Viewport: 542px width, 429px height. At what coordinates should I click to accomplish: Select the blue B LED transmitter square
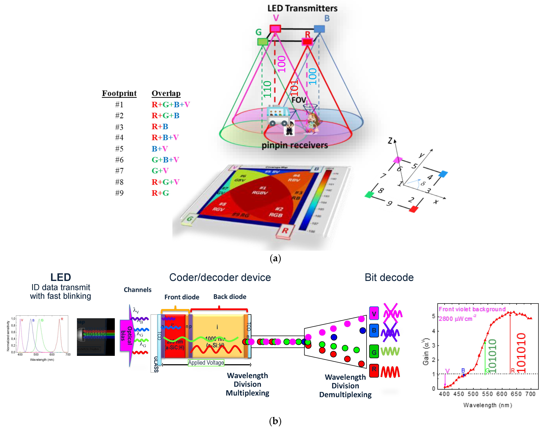click(x=319, y=29)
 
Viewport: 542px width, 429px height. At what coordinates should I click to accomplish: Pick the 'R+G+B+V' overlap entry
click(x=171, y=104)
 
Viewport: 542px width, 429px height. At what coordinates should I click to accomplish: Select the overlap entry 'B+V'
click(x=160, y=149)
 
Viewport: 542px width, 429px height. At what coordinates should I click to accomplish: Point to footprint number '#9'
click(x=119, y=193)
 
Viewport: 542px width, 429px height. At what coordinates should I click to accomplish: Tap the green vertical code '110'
click(x=267, y=89)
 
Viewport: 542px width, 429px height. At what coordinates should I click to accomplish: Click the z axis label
click(x=390, y=141)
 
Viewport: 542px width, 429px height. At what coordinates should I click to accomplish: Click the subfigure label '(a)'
click(x=275, y=258)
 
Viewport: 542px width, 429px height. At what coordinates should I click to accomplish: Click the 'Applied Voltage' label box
click(x=206, y=362)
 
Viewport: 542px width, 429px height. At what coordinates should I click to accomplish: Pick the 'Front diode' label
click(x=182, y=297)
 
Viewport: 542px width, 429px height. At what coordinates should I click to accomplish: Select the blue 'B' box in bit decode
click(x=374, y=330)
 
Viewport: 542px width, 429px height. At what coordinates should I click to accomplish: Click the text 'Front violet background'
click(x=472, y=309)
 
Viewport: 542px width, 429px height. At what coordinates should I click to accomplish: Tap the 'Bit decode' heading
click(x=389, y=278)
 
